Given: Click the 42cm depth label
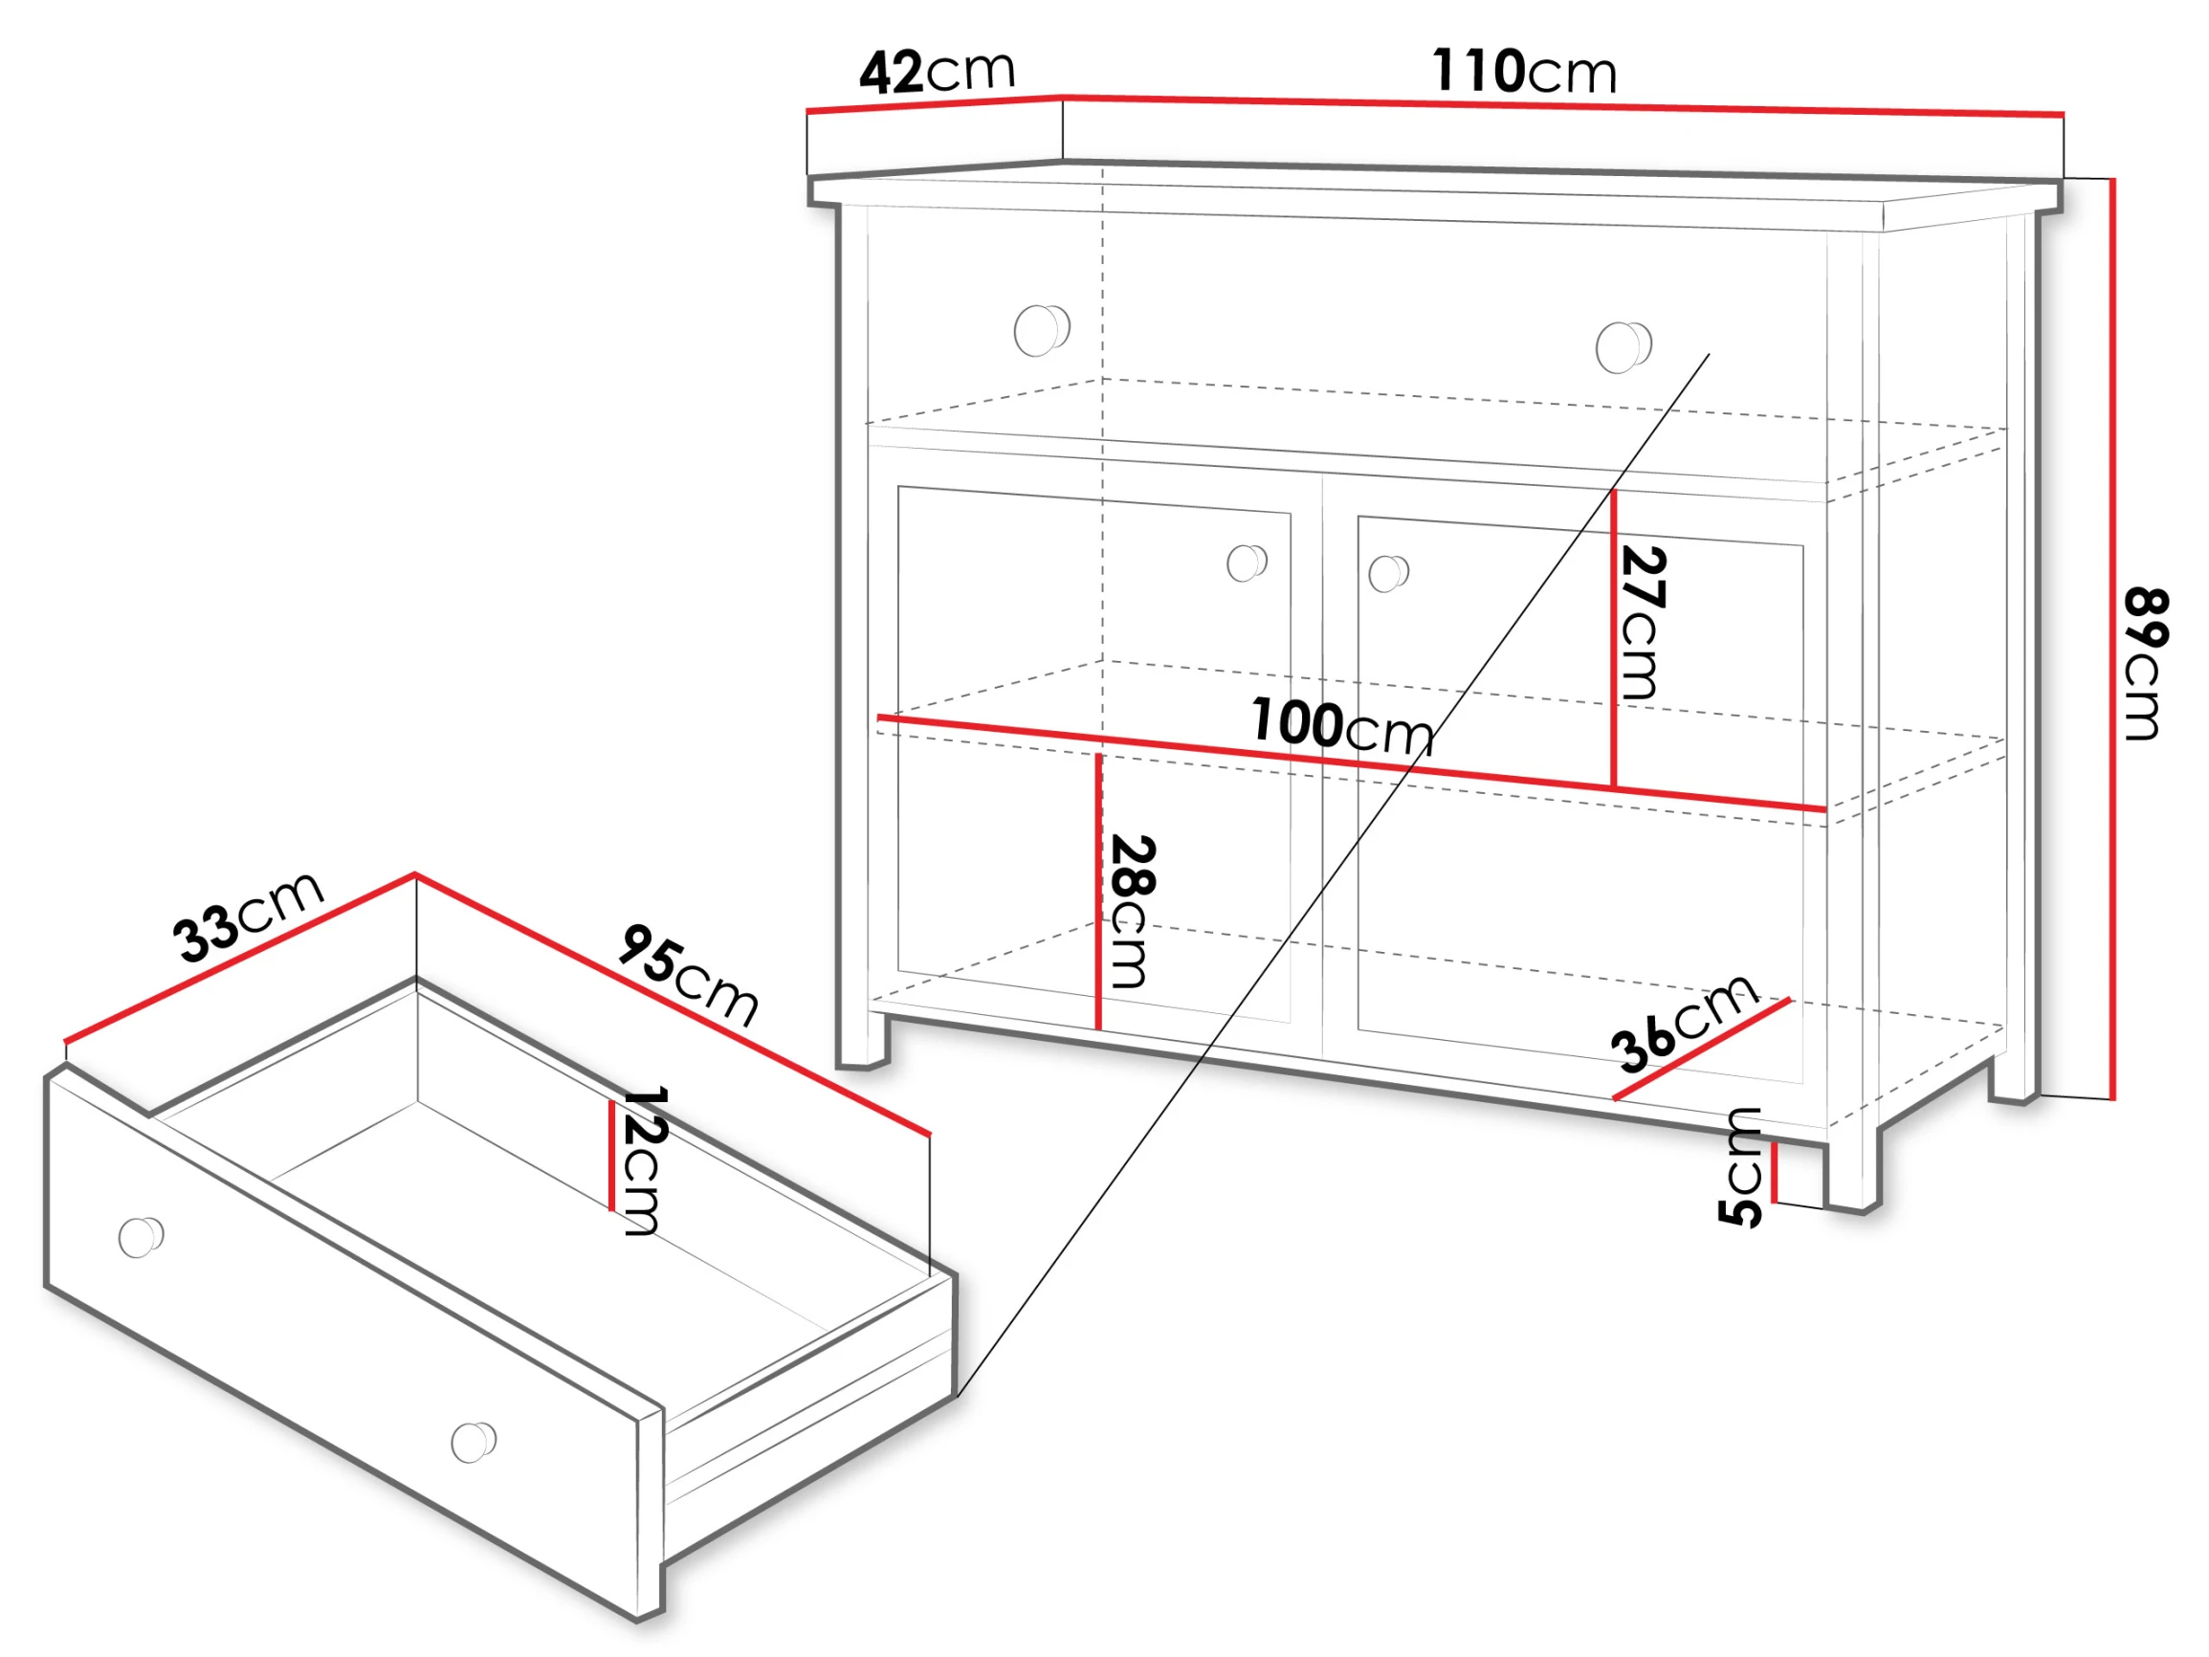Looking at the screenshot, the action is click(937, 72).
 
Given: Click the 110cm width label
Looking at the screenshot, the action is click(1524, 71).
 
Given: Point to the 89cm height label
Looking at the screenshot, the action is click(2143, 665).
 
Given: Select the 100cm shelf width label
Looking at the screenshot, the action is click(1342, 726).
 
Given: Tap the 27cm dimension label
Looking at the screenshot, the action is click(1642, 622).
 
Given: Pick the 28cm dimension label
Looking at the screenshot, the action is click(1133, 911).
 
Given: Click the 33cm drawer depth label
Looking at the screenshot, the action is click(248, 916).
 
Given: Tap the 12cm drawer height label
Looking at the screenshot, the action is click(643, 1161).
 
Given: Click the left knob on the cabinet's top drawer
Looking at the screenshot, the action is click(1042, 330).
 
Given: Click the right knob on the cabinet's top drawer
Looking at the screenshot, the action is click(1623, 346).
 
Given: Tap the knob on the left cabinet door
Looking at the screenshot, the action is click(1247, 563).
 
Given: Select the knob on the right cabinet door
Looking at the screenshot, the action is click(1388, 573).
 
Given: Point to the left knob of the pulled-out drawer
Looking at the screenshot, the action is click(141, 1238).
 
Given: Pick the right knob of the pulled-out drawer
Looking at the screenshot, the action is click(474, 1441).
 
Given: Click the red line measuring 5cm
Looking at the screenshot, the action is click(1775, 1172).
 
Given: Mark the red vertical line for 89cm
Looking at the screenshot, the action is click(2113, 639).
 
